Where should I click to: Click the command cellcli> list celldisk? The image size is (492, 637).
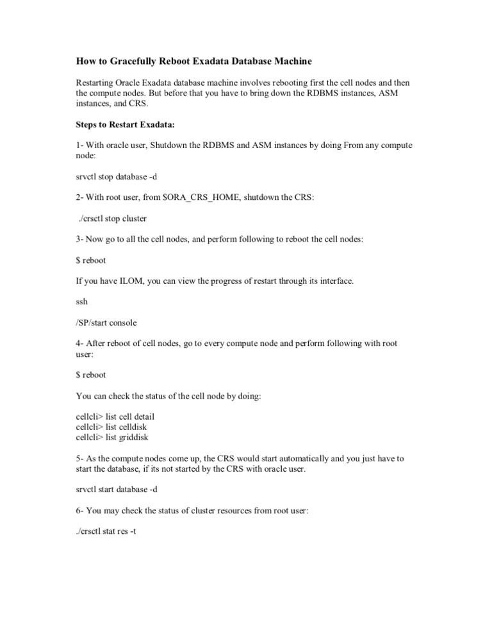[113, 427]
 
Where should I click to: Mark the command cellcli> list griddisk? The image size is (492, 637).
[113, 438]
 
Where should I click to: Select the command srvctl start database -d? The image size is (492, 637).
[117, 490]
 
